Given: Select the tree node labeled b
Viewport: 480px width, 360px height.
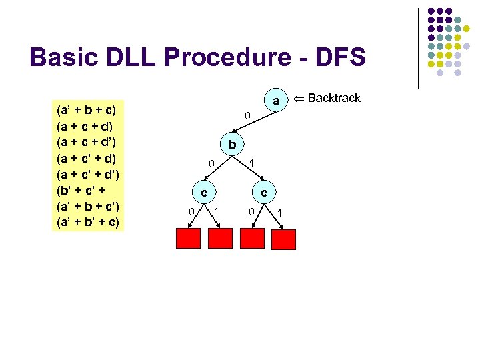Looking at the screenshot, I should coord(231,145).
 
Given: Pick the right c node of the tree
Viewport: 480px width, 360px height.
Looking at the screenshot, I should coord(264,193).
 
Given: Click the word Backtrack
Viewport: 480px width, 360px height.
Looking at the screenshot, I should coord(334,99).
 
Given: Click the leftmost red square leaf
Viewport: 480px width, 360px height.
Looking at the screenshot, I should coord(187,239).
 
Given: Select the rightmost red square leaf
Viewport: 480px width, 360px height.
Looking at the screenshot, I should coord(284,239).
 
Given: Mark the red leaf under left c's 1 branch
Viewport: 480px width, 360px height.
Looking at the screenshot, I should coord(221,239).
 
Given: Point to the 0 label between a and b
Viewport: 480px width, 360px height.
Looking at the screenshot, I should coord(247,117).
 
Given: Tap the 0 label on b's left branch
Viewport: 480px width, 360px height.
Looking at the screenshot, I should coord(211,163).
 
